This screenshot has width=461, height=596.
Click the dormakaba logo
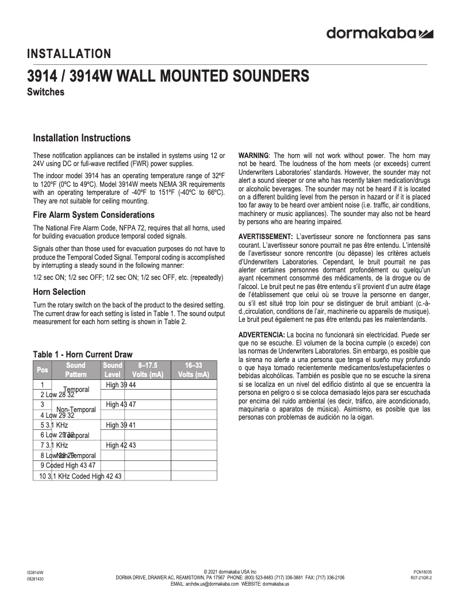click(379, 33)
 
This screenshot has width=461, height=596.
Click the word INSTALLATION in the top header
click(69, 55)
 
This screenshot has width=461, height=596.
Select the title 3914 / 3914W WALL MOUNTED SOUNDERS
click(168, 76)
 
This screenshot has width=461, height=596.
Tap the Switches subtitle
click(45, 92)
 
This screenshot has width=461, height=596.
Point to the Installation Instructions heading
click(82, 138)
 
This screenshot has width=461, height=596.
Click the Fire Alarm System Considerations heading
click(94, 215)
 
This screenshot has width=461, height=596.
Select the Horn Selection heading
click(59, 292)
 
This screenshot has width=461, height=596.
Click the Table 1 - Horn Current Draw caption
click(82, 355)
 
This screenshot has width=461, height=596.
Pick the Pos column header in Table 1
click(43, 370)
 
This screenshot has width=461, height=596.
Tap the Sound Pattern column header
click(76, 370)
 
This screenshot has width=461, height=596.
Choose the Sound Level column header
click(113, 370)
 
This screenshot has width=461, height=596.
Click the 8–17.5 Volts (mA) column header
click(148, 370)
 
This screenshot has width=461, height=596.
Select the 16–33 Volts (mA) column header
click(194, 370)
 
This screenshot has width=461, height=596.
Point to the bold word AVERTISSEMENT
click(265, 237)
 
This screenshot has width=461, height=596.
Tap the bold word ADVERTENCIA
click(261, 334)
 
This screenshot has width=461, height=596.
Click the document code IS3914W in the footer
click(35, 572)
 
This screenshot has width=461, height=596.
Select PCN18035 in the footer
click(422, 572)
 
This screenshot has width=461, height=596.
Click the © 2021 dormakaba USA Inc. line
click(230, 572)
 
